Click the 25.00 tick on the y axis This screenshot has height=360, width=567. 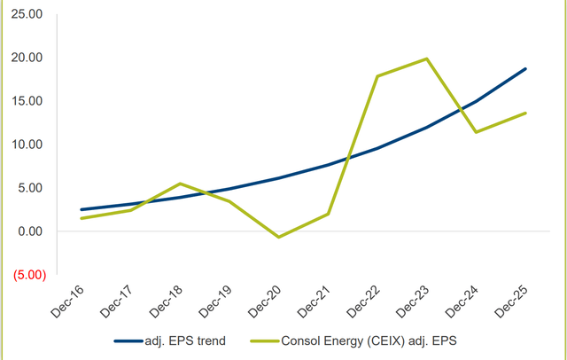[x=25, y=14]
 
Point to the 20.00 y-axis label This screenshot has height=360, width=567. [x=25, y=58]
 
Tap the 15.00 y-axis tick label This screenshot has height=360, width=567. [x=25, y=101]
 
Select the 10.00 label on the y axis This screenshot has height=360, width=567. [x=25, y=145]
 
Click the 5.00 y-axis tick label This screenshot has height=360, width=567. [x=28, y=188]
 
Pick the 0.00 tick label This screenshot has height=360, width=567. [x=28, y=231]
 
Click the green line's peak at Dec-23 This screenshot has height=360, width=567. [x=426, y=59]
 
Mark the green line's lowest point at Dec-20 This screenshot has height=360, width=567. [x=279, y=237]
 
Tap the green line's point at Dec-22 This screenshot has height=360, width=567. [x=377, y=76]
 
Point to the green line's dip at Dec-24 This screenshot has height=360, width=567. [x=476, y=132]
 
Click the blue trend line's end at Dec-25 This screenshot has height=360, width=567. [x=525, y=69]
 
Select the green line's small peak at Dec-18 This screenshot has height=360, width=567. [x=181, y=184]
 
